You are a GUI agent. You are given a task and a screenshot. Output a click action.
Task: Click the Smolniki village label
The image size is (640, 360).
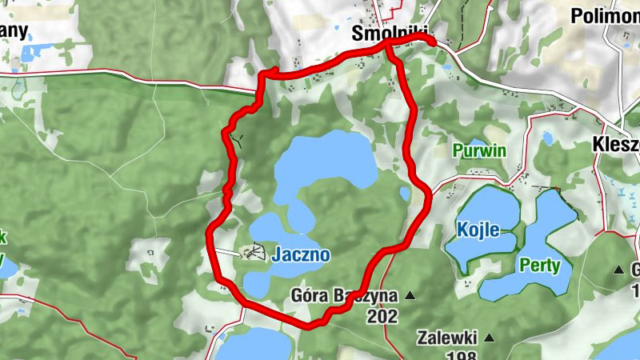coord(390,34)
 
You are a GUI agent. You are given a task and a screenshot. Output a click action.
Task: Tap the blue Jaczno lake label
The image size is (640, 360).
coord(300,255)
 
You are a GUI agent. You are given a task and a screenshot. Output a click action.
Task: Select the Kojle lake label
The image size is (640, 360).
coord(478,230)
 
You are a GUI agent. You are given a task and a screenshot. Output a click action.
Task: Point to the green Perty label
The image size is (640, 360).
coord(539,265)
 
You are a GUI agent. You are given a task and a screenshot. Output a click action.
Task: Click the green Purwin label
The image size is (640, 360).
coord(479,150)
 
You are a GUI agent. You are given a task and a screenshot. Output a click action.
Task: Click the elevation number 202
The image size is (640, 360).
coord(382,317)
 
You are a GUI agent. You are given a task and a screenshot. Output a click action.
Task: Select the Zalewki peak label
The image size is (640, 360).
coord(447,338)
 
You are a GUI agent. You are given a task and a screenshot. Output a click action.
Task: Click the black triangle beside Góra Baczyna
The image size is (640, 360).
coord(410,296)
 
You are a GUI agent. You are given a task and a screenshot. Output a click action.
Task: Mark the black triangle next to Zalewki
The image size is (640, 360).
coord(490,338)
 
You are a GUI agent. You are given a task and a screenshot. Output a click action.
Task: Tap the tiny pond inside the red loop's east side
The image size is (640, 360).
coord(405,193)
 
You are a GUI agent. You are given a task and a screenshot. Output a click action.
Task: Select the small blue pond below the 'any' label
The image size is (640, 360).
coord(30,54)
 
